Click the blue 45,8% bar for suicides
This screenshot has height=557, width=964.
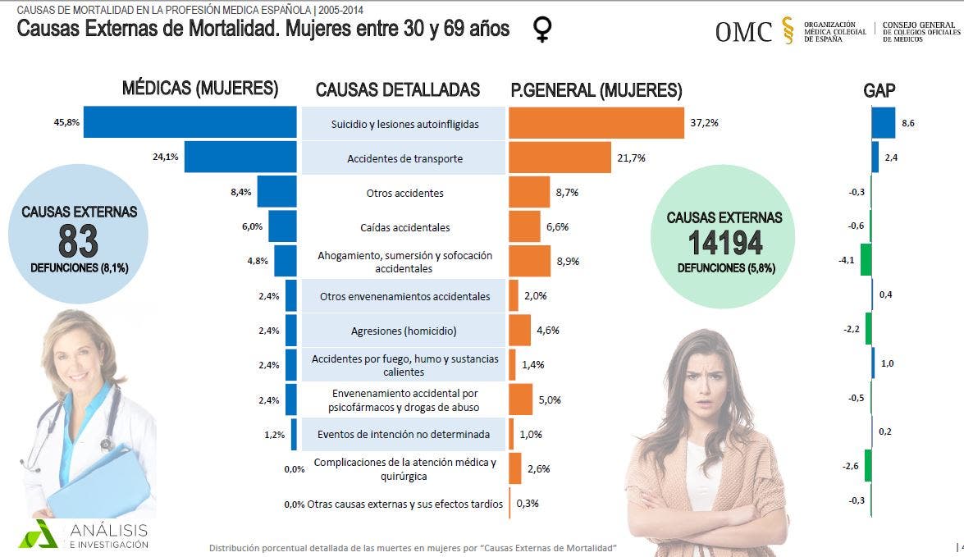click(x=190, y=122)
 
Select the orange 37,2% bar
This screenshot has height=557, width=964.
click(x=596, y=123)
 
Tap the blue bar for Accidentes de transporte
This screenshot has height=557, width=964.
click(x=240, y=158)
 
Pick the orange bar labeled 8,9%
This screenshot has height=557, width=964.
click(x=529, y=261)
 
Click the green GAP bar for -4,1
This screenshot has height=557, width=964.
click(x=866, y=259)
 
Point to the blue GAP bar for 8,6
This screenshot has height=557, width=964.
click(x=883, y=122)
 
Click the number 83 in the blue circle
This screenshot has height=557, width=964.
click(x=79, y=241)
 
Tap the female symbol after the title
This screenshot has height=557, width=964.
click(x=541, y=30)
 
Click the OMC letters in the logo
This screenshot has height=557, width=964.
click(x=743, y=32)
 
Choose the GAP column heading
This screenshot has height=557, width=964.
click(x=879, y=90)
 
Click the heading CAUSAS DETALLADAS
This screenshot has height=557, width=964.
click(x=397, y=89)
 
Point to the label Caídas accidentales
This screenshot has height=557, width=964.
click(x=404, y=227)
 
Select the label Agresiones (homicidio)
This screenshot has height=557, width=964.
click(x=404, y=331)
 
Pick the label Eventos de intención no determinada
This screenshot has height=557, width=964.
click(x=404, y=434)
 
